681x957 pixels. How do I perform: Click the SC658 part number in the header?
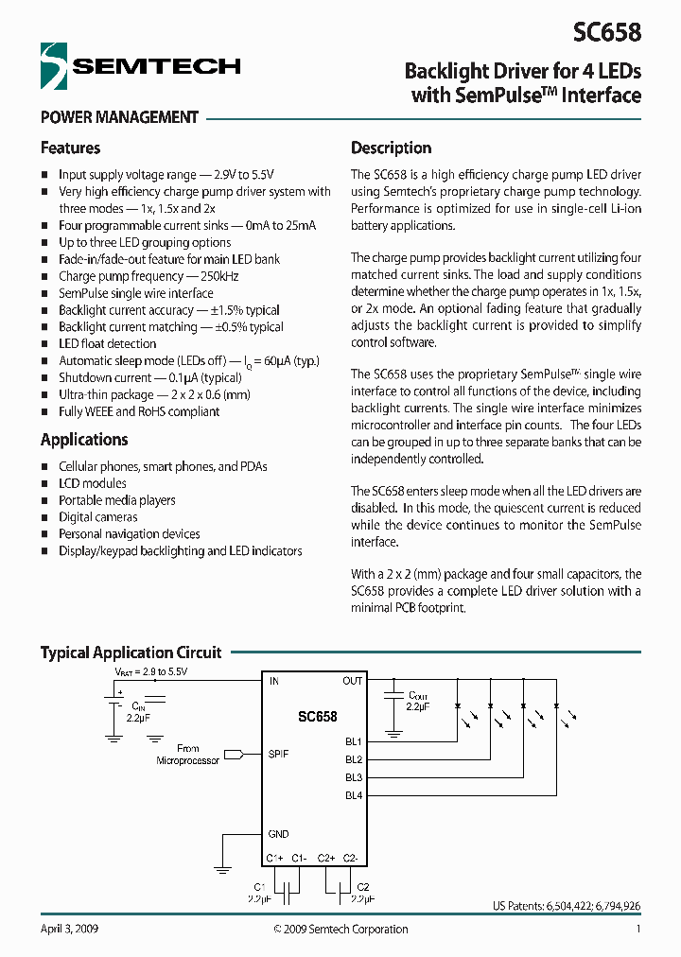tap(606, 32)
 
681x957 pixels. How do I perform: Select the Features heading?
tap(70, 148)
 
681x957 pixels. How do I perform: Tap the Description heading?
tap(391, 148)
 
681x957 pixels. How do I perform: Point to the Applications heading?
tap(84, 440)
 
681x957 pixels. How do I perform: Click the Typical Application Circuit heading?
tap(131, 652)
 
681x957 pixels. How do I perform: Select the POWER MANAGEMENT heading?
tap(119, 118)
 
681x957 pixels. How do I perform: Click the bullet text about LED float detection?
tap(107, 344)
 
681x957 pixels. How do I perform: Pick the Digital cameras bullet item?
tap(97, 517)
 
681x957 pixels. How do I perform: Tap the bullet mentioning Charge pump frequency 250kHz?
tap(148, 276)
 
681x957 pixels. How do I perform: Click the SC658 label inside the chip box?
tap(317, 717)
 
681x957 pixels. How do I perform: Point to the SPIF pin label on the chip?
tap(278, 754)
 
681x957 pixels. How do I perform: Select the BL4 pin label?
tap(353, 795)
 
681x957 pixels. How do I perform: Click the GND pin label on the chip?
tap(278, 834)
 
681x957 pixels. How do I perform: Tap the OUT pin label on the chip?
tap(352, 681)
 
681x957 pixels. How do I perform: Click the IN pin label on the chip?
tap(273, 681)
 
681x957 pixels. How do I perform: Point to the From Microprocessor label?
tap(187, 755)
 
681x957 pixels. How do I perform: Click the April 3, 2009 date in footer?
tap(69, 929)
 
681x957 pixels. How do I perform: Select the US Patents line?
tap(566, 906)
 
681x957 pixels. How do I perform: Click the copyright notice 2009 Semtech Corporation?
tap(340, 929)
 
